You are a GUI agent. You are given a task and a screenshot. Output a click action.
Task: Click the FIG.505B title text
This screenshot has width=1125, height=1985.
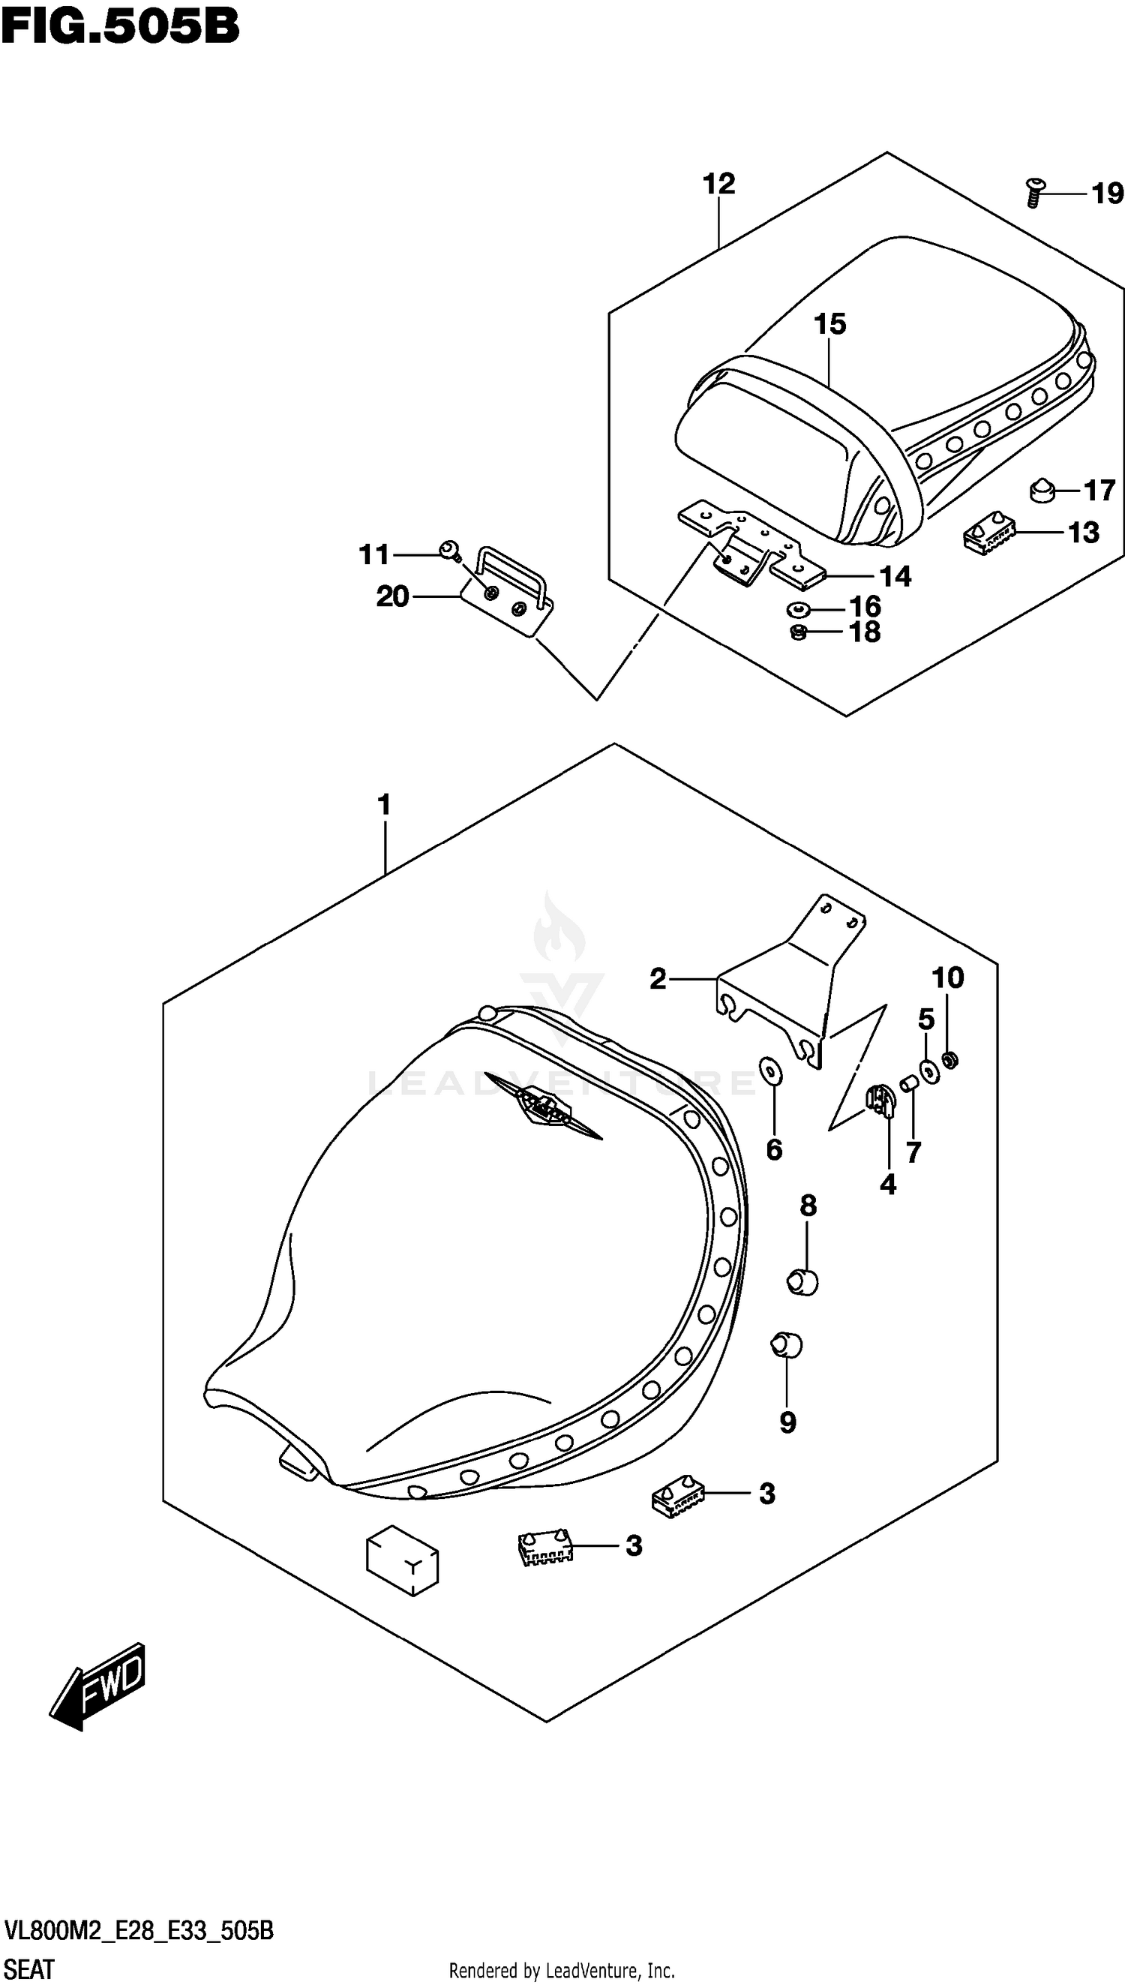[x=120, y=27]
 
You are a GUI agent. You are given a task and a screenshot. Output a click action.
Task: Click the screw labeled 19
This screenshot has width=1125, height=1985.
[x=1033, y=191]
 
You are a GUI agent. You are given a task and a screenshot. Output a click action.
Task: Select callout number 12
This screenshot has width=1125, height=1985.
[x=718, y=184]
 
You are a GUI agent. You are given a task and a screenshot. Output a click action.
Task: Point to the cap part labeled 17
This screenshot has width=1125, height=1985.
[x=1043, y=490]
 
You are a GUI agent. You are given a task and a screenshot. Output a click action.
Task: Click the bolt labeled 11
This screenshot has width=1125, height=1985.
[x=450, y=551]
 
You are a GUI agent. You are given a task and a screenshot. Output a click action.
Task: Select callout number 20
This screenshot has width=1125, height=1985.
[x=391, y=596]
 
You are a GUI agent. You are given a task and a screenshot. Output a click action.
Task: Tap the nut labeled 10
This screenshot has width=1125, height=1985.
[x=952, y=1060]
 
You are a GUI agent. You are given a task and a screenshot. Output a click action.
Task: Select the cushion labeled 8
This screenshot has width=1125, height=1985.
[x=803, y=1284]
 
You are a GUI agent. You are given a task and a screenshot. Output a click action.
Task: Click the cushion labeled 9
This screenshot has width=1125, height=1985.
[x=787, y=1345]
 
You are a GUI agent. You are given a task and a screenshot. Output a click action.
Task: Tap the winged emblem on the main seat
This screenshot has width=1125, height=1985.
[x=542, y=1107]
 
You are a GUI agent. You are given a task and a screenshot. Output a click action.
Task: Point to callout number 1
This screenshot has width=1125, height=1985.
[x=384, y=805]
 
